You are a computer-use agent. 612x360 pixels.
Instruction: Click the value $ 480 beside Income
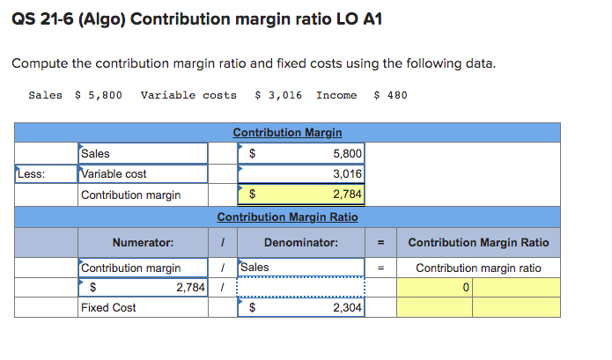[391, 95]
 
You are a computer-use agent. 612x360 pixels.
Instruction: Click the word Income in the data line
[336, 95]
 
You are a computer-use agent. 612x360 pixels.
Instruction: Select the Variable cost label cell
[143, 173]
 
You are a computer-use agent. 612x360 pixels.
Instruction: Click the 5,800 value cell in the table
[300, 153]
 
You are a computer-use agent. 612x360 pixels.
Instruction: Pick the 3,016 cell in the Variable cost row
[300, 173]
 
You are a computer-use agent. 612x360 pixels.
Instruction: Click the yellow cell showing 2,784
[300, 195]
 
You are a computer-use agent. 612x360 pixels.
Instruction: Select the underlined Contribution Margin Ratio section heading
[287, 217]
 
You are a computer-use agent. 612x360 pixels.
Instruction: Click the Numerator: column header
[143, 243]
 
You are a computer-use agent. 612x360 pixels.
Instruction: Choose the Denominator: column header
[300, 243]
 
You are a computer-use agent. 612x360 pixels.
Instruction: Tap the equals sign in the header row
[380, 243]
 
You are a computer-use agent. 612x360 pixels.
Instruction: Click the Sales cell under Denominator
[300, 267]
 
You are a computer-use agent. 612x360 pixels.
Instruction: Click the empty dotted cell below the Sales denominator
[300, 287]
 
